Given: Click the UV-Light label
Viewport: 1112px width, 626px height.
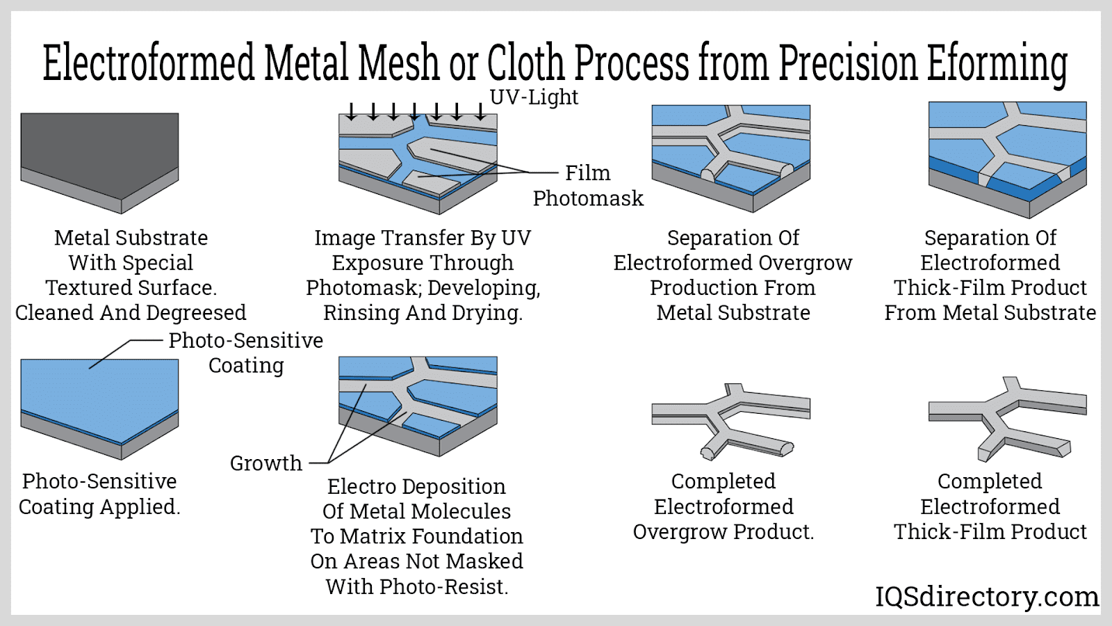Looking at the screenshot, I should pyautogui.click(x=534, y=97).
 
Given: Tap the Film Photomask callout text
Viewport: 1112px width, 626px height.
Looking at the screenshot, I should pyautogui.click(x=588, y=185).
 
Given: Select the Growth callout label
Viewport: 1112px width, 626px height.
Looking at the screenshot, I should pyautogui.click(x=266, y=463).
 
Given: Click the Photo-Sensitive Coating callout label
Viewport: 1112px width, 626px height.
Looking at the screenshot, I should pyautogui.click(x=246, y=353).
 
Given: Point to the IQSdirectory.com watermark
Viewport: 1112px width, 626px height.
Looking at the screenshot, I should pyautogui.click(x=986, y=597).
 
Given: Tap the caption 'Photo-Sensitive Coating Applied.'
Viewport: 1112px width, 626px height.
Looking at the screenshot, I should pyautogui.click(x=99, y=494).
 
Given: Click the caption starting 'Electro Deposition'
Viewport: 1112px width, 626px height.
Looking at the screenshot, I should pyautogui.click(x=417, y=536).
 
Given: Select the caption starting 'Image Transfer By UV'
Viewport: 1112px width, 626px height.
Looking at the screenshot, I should pyautogui.click(x=423, y=275).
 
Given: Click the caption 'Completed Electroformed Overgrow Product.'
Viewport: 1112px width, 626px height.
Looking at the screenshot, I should pyautogui.click(x=723, y=506).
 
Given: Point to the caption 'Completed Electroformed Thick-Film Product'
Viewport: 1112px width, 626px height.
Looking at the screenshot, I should pyautogui.click(x=990, y=506).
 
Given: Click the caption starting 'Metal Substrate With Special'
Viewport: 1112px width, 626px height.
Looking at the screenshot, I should pyautogui.click(x=131, y=275).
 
